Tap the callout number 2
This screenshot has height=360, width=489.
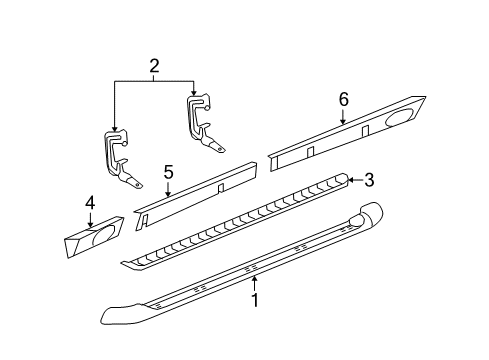pos(154,68)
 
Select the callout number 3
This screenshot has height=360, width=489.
pos(369,180)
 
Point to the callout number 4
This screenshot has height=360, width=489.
pos(90,204)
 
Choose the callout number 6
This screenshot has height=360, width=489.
pos(343,99)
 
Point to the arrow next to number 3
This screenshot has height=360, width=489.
pos(352,181)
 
